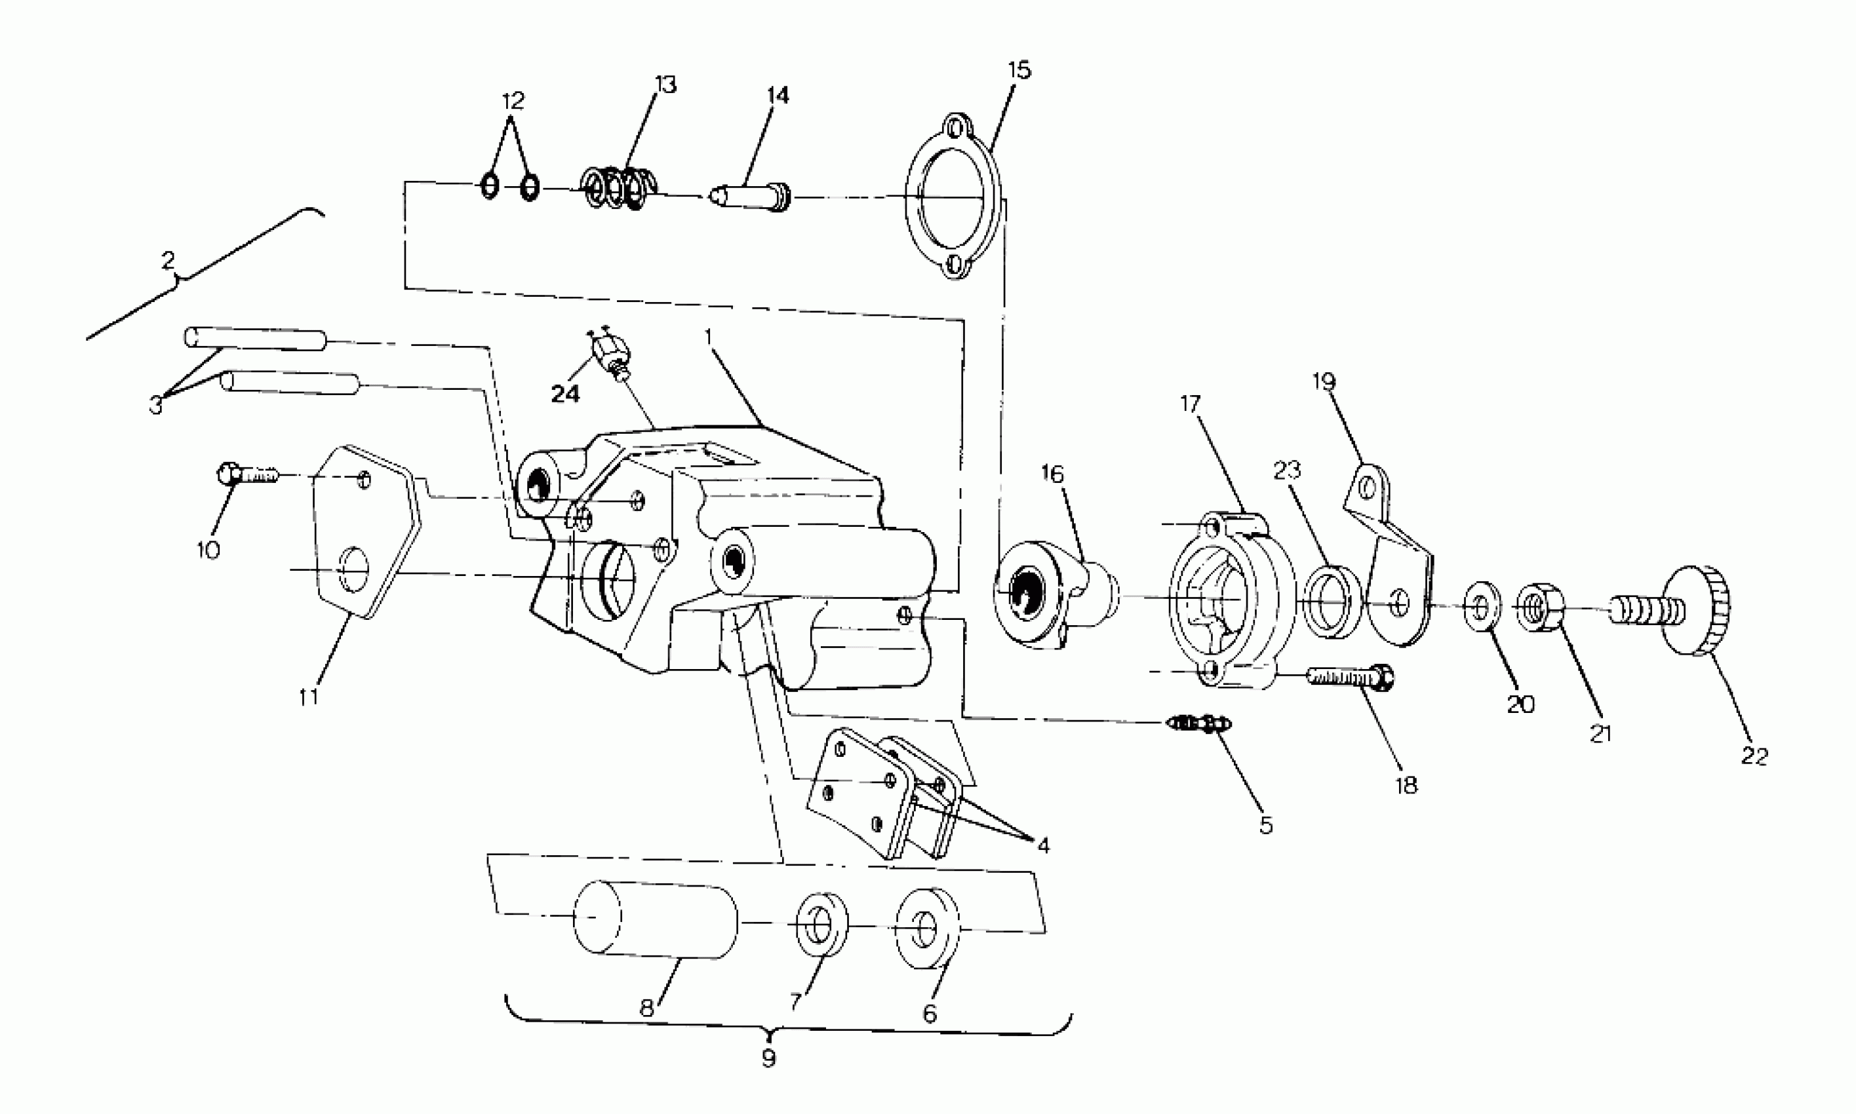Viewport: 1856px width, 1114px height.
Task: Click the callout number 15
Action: click(x=1019, y=71)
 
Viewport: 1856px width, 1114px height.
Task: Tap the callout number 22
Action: click(x=1754, y=756)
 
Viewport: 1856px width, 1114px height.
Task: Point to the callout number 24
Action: click(x=565, y=394)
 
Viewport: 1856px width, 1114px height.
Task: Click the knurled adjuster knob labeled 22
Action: click(x=1694, y=610)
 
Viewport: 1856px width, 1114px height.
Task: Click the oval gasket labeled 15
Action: click(x=953, y=197)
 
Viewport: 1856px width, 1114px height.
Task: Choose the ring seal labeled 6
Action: click(x=930, y=929)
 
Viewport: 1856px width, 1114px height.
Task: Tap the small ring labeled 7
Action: click(x=821, y=925)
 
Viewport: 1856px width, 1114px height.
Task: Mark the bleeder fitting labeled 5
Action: click(x=1200, y=723)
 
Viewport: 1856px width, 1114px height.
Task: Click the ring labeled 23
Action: click(x=1332, y=603)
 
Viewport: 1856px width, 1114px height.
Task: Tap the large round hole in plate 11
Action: click(x=355, y=569)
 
